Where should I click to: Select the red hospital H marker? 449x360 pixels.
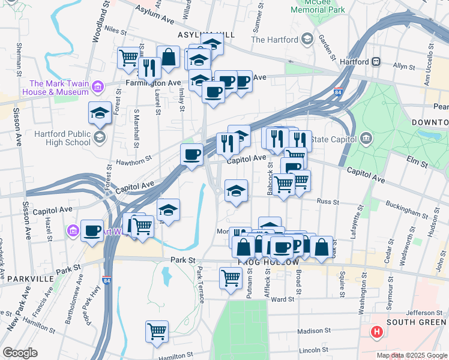pos(377,331)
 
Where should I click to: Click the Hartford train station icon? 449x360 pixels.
pos(377,61)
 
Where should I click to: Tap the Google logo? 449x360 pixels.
pos(19,353)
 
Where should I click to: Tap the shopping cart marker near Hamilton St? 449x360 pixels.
pos(157,331)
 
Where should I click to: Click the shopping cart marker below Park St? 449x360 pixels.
pos(231,277)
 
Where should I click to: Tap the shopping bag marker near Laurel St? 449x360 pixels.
pos(169,58)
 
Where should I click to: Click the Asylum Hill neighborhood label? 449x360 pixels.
pos(195,35)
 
